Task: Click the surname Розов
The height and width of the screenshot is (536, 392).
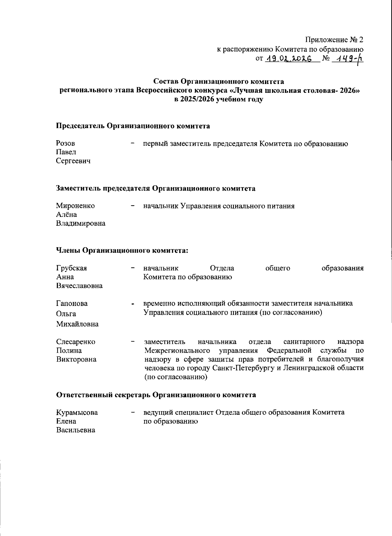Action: [65, 143]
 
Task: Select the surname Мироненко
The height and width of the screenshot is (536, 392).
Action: [75, 206]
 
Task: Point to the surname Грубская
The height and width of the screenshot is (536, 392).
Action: [72, 268]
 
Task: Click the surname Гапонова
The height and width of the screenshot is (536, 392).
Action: [72, 303]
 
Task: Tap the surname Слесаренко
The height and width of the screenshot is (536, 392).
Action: [76, 342]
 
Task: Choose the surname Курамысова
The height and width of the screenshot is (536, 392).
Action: [77, 412]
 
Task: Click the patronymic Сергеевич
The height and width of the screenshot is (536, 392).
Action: [73, 161]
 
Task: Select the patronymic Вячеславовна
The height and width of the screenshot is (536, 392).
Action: [79, 286]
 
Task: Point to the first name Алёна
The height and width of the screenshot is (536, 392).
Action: [67, 215]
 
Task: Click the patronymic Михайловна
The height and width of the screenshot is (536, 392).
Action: [77, 324]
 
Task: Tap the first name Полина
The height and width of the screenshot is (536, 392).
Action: [69, 351]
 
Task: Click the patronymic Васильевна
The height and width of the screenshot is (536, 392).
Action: [76, 430]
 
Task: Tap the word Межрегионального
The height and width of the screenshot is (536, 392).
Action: [177, 351]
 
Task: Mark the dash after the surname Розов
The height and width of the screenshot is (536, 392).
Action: [132, 143]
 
